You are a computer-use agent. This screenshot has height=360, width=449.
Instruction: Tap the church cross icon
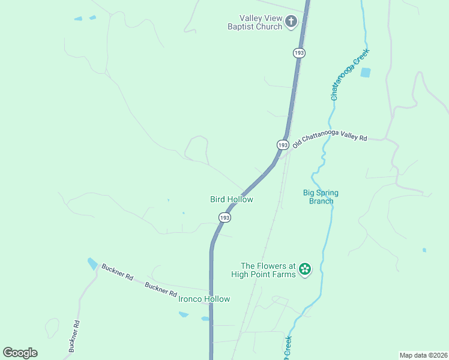click(x=291, y=23)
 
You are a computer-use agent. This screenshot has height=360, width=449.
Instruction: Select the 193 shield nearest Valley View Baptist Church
click(x=300, y=53)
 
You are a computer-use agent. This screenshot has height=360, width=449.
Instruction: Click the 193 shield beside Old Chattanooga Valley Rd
click(x=283, y=145)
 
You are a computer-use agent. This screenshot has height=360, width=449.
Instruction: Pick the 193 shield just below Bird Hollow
click(x=224, y=218)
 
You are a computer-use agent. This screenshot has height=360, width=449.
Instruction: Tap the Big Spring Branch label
click(x=321, y=197)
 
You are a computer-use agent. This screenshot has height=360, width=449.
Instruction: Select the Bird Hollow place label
click(x=232, y=199)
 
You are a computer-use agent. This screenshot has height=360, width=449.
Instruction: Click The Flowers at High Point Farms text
click(x=268, y=270)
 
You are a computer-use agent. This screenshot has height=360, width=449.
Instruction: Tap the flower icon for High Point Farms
click(x=305, y=269)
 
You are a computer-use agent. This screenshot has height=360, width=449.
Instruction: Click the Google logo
click(x=20, y=353)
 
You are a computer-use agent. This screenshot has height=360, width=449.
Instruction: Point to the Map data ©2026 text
click(x=423, y=355)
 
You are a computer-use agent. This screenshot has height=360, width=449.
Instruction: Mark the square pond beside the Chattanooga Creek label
click(x=365, y=73)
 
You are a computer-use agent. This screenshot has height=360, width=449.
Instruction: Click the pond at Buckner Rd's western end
click(x=92, y=263)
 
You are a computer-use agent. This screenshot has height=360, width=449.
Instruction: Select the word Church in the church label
click(x=268, y=27)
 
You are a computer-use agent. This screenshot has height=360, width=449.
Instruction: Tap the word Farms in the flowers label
click(x=285, y=274)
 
